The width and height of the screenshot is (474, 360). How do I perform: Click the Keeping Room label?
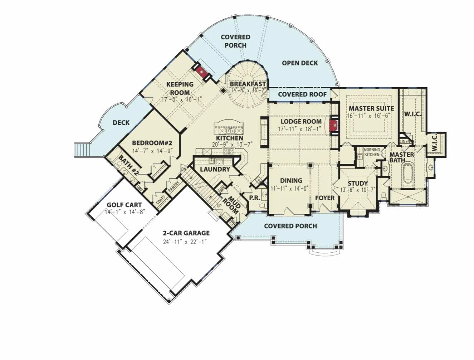tap(180, 88)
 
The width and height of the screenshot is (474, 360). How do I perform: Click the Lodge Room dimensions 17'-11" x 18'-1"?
tap(300, 129)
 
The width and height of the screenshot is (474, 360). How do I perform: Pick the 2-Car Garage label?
tap(186, 233)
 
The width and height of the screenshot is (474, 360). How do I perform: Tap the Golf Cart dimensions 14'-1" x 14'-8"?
tap(123, 212)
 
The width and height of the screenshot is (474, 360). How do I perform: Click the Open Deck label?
tap(300, 63)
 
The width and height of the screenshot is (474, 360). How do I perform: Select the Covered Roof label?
tap(302, 94)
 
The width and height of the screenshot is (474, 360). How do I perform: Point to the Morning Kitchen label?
tap(372, 152)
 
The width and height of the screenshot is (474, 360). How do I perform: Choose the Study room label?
tap(358, 184)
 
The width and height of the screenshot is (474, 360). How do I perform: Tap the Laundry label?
tap(215, 169)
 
